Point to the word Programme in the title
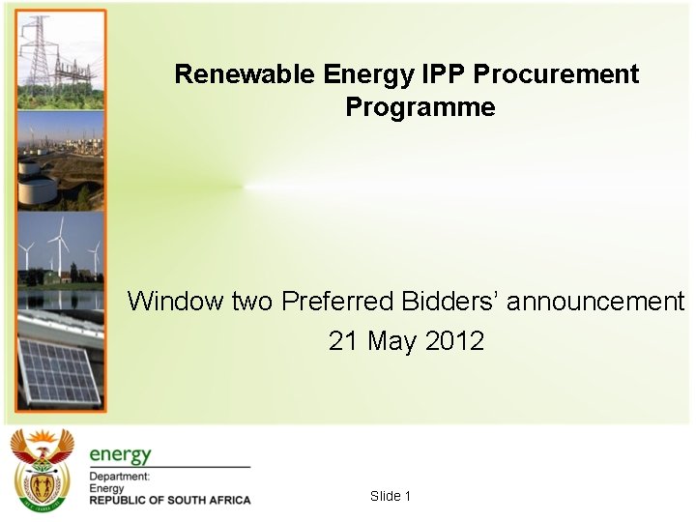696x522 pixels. pos(420,108)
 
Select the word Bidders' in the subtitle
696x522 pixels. pos(449,302)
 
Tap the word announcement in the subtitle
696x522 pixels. pos(595,302)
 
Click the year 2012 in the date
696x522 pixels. pos(454,341)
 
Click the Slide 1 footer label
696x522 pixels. pos(391,496)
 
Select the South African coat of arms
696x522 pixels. pos(42,471)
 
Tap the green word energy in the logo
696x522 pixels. pos(121,454)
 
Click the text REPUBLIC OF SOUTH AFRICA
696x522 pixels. pos(170,500)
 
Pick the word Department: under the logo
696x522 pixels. pos(120,477)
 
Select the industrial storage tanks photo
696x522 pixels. pos(60,159)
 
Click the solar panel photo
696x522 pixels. pos(60,358)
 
